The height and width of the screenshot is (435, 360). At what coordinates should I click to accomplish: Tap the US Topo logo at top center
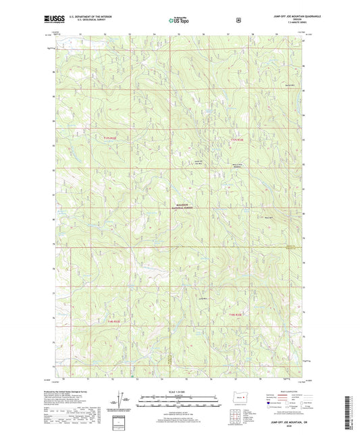click(x=178, y=21)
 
